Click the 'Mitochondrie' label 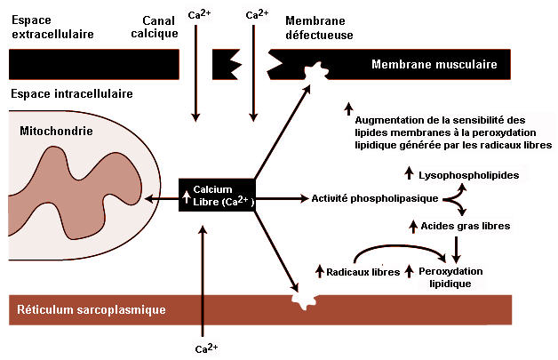pyautogui.click(x=56, y=131)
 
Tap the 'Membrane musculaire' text pyautogui.click(x=434, y=65)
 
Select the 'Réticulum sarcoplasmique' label pyautogui.click(x=92, y=309)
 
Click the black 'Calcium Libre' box pyautogui.click(x=217, y=196)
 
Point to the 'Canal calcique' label pyautogui.click(x=155, y=27)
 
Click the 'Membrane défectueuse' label pyautogui.click(x=319, y=28)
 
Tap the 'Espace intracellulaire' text pyautogui.click(x=72, y=93)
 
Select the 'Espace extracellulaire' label pyautogui.click(x=52, y=27)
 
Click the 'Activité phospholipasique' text pyautogui.click(x=375, y=198)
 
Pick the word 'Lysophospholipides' pyautogui.click(x=468, y=175)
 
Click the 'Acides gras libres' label pyautogui.click(x=465, y=226)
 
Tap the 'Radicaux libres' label pyautogui.click(x=363, y=272)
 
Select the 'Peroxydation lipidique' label pyautogui.click(x=450, y=277)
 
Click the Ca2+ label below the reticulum pyautogui.click(x=206, y=348)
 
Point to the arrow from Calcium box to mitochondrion pyautogui.click(x=161, y=198)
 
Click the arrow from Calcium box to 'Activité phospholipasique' pyautogui.click(x=282, y=198)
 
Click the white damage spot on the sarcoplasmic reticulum pyautogui.click(x=304, y=300)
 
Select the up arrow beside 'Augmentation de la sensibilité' pyautogui.click(x=348, y=109)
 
